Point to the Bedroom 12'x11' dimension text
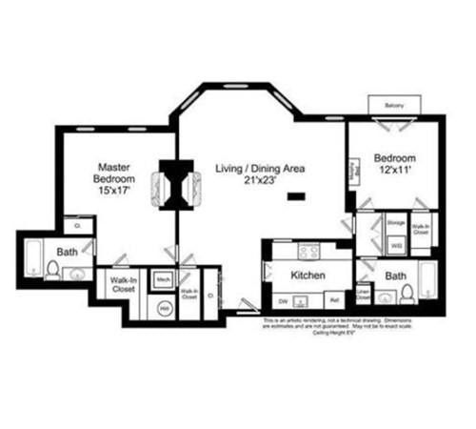click(395, 172)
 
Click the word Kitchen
click(308, 275)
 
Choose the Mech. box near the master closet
click(163, 279)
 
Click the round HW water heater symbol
click(164, 307)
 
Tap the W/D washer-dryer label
click(396, 243)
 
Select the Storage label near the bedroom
click(396, 222)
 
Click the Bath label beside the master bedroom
click(67, 253)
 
